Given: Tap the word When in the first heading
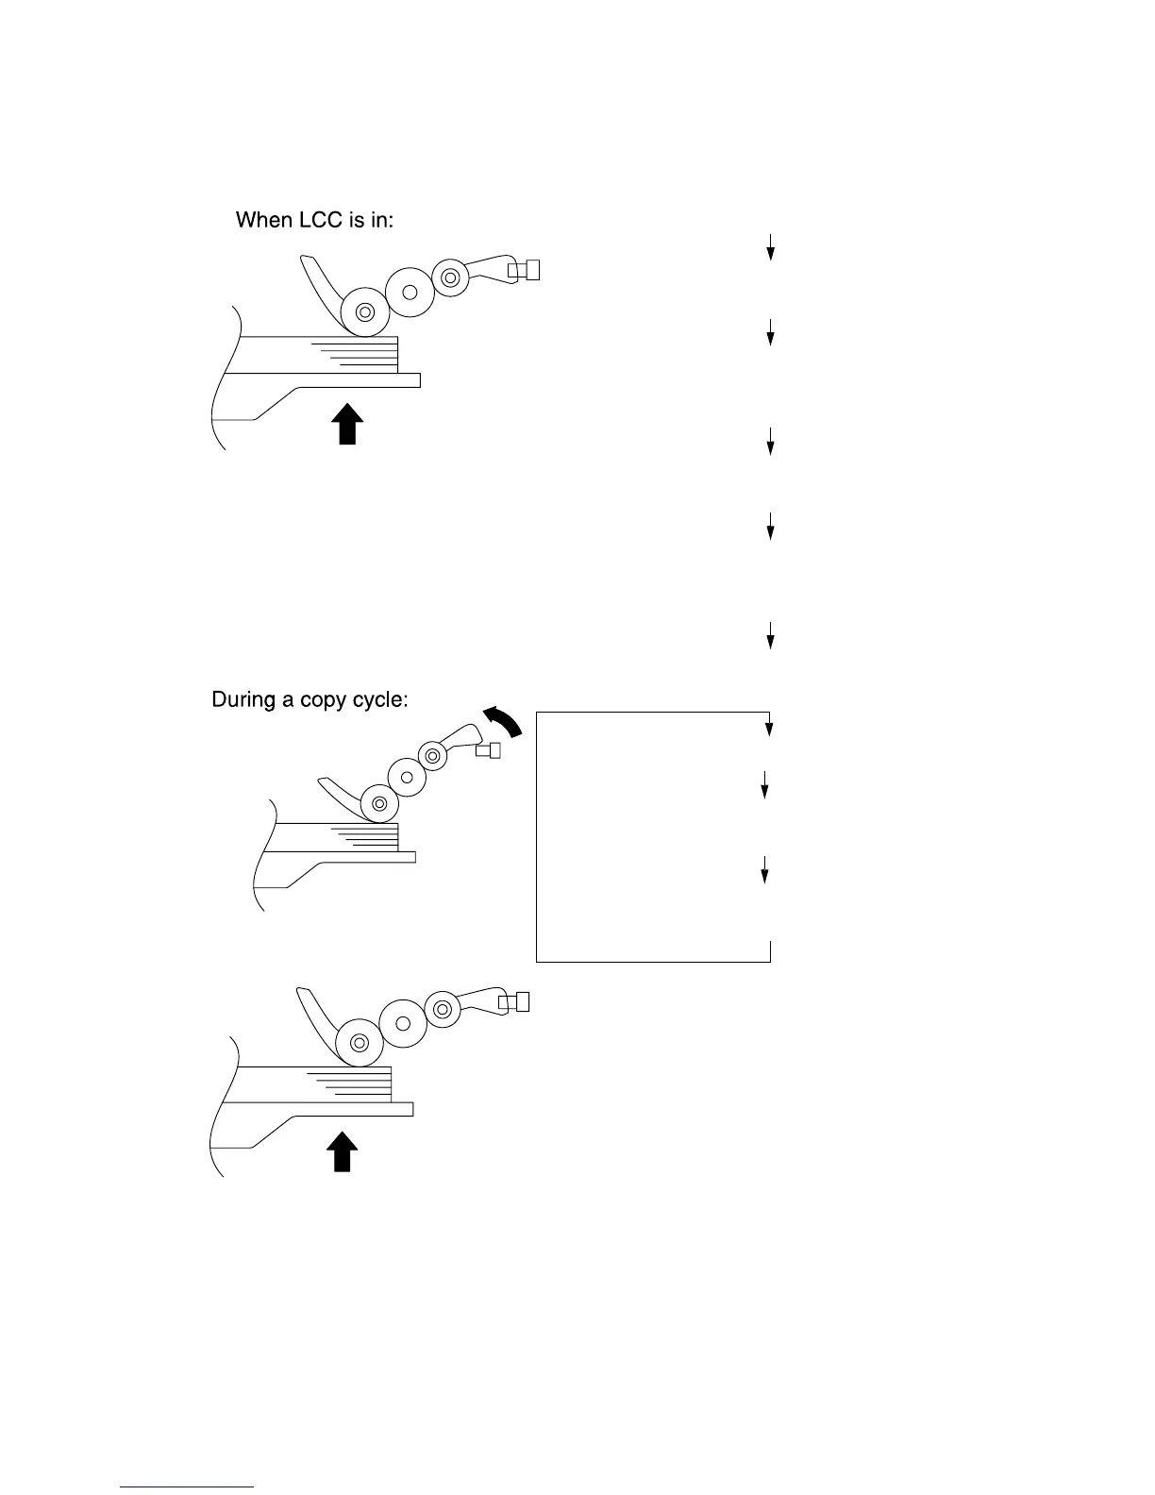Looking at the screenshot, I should pos(263,221).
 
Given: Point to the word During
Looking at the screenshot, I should pos(244,700).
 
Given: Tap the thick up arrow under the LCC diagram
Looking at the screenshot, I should pos(348,424).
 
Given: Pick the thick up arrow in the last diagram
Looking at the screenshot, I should pos(343,1152).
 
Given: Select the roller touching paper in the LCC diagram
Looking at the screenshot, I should pos(366,311).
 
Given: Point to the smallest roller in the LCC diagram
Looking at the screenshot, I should pos(450,277).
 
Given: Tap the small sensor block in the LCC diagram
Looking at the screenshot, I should pos(525,271).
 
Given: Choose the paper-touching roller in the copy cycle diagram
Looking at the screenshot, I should pos(380,803).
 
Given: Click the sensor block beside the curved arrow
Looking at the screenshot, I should pos(488,750).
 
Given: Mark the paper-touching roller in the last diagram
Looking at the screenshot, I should pos(359,1043).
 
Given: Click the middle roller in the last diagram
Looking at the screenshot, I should pos(402,1022).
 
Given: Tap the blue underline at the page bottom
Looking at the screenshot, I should pos(188,1487).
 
